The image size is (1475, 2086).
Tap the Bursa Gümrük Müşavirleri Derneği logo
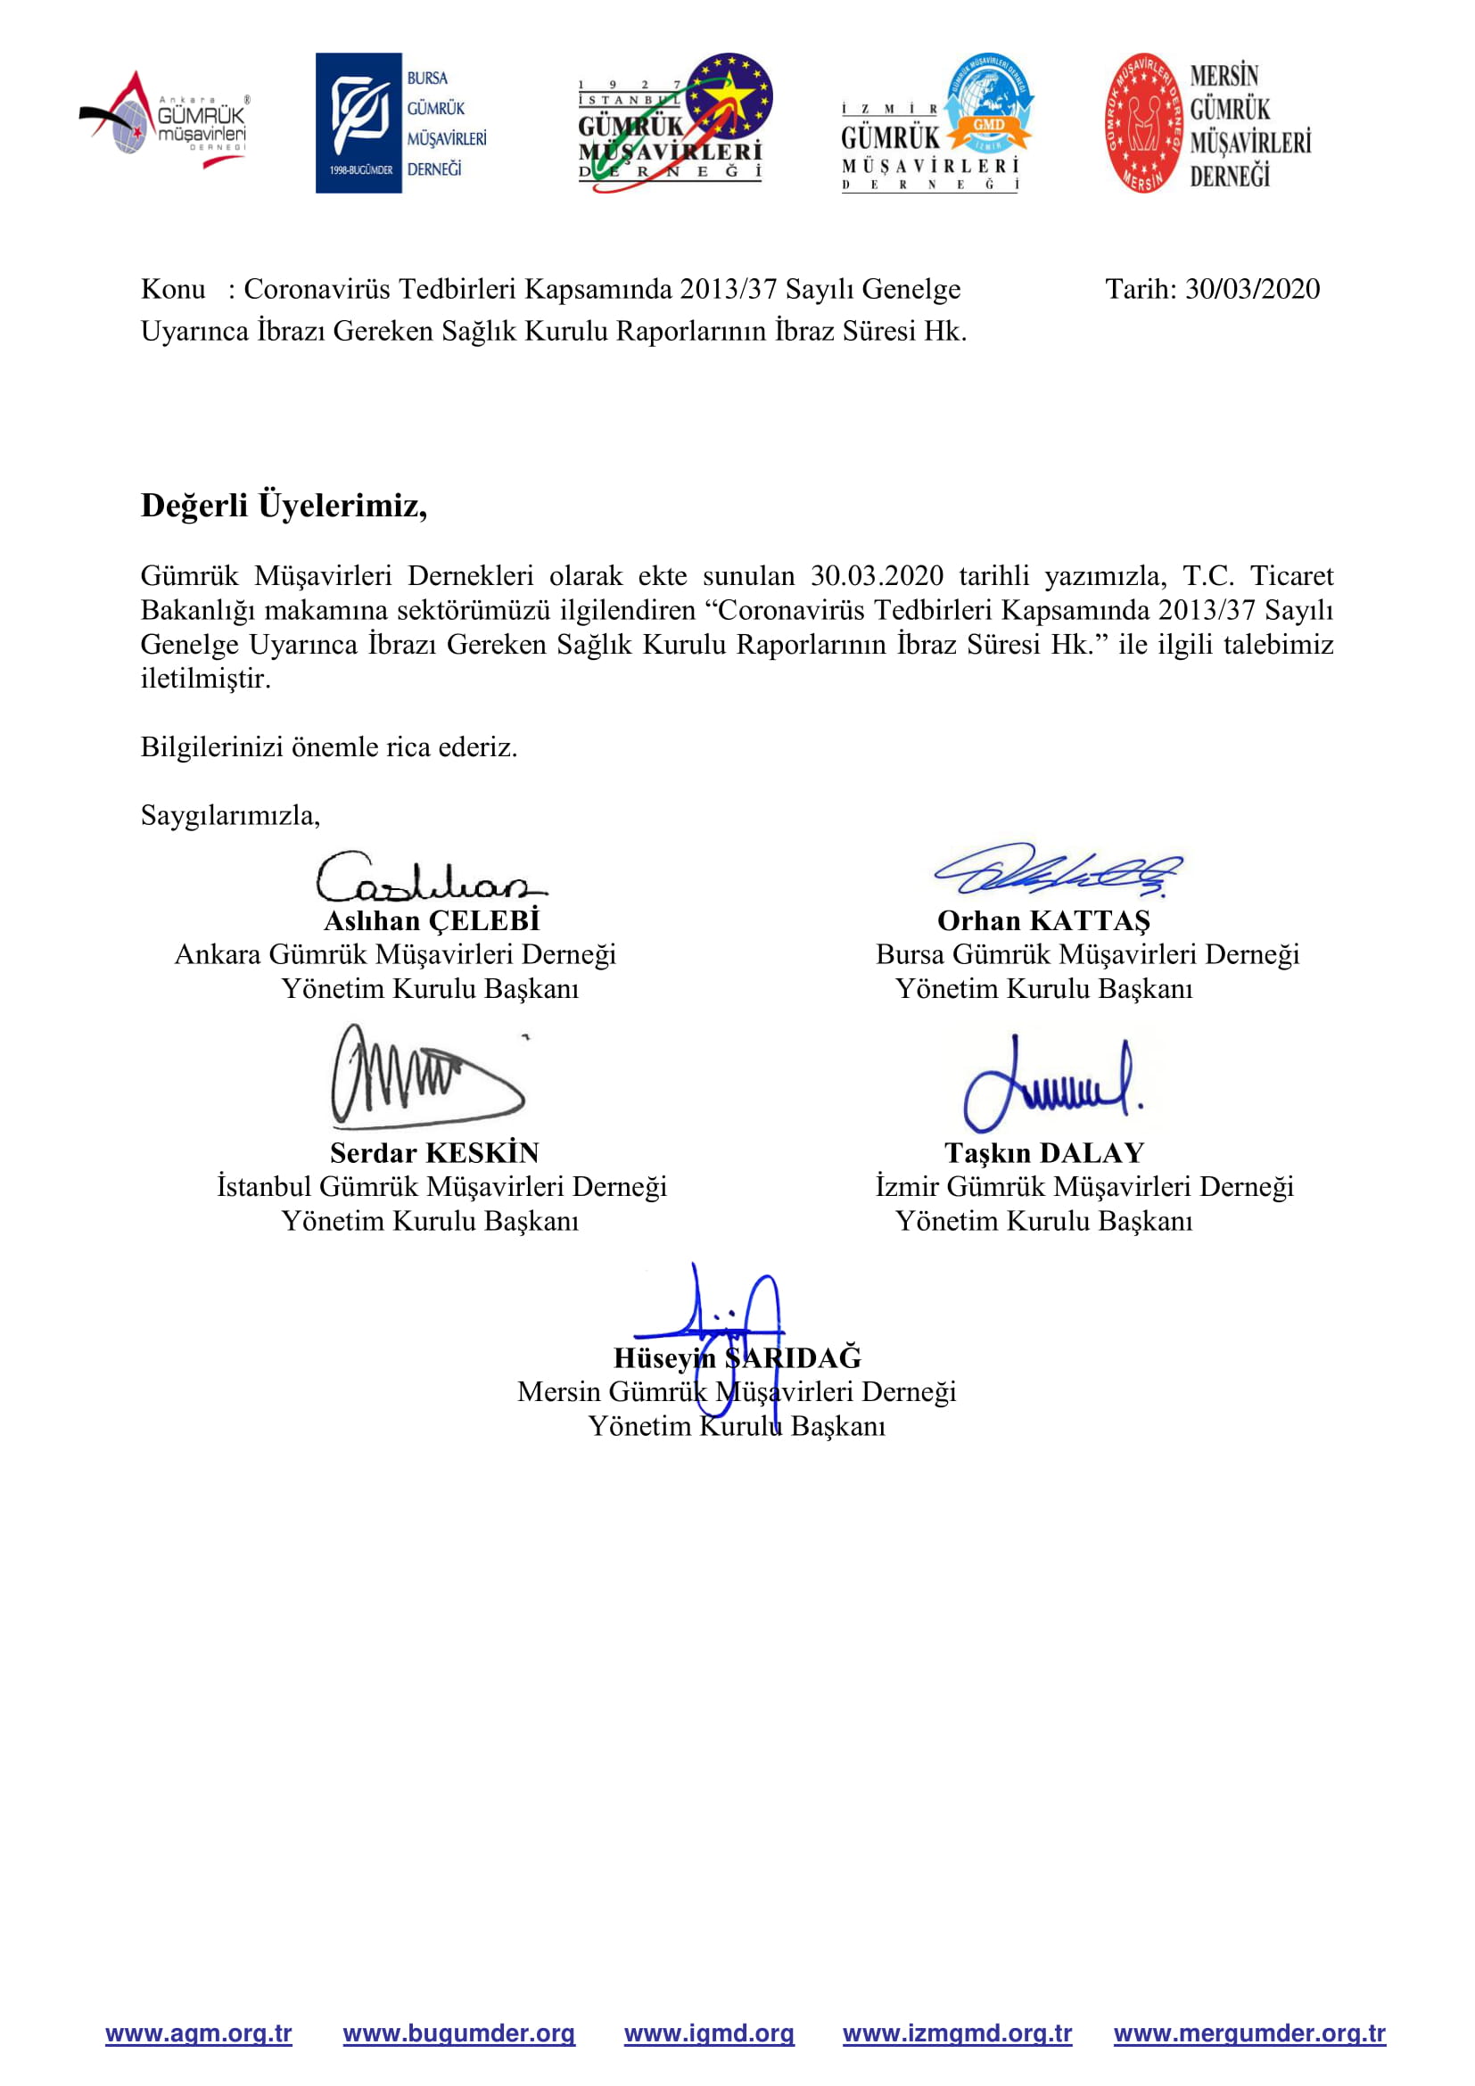coord(400,123)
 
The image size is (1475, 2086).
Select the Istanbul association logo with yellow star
coord(675,122)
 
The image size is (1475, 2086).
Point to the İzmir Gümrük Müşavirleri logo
coord(937,124)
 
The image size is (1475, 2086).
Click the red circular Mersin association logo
coord(1144,123)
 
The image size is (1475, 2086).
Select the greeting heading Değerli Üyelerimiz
coord(284,505)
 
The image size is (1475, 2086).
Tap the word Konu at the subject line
coord(173,289)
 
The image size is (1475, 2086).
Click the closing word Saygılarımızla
coord(230,815)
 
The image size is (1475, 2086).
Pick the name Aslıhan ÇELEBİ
coord(432,920)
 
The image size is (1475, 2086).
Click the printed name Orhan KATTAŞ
coord(1043,920)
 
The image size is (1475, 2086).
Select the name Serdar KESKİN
coord(434,1152)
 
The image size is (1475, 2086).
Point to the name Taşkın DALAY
coord(1043,1152)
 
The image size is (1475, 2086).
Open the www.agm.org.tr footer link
coord(198,2033)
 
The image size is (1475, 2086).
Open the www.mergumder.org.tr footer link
coord(1248,2033)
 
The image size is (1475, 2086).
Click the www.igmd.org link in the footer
coord(708,2033)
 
